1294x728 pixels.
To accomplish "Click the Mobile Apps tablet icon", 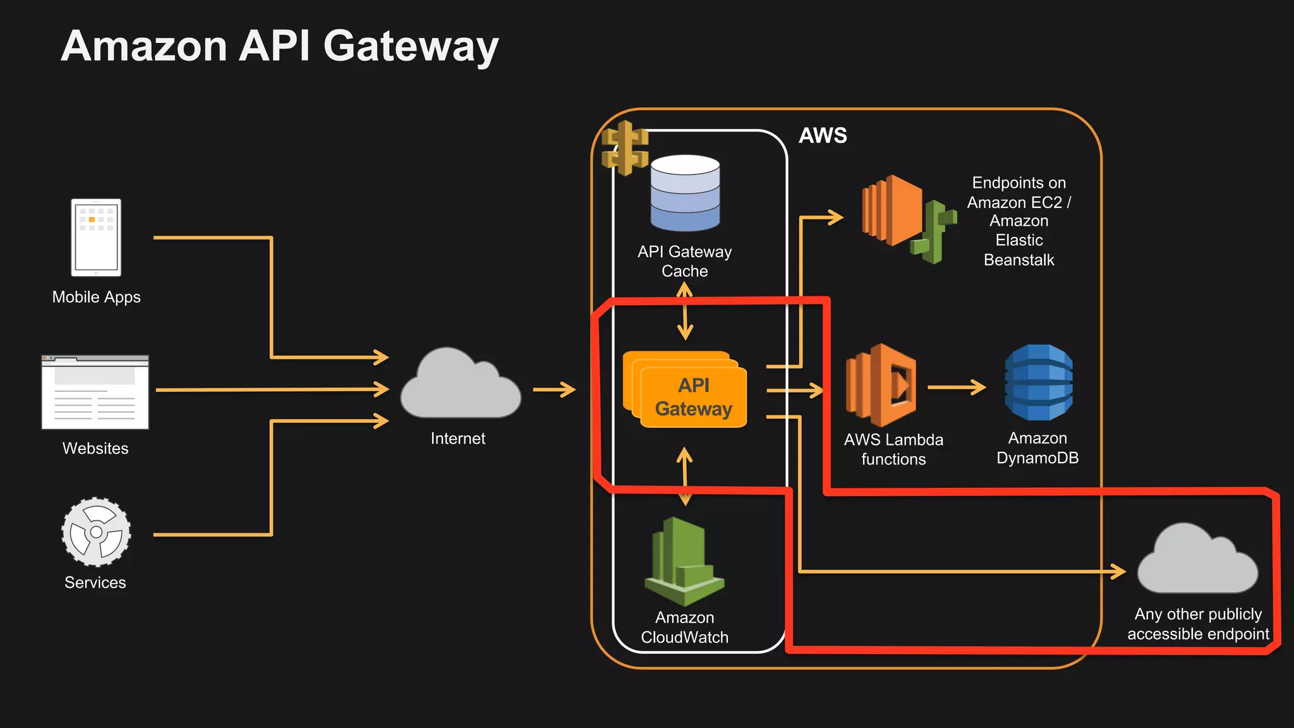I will click(96, 238).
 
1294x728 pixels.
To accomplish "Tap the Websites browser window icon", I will click(95, 392).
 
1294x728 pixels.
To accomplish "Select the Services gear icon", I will click(96, 531).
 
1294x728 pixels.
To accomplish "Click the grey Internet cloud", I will click(460, 386).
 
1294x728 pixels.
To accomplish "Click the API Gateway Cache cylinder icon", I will click(685, 193).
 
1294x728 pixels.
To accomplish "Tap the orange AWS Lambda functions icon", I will click(881, 385).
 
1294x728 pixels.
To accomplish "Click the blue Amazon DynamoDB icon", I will click(1038, 382).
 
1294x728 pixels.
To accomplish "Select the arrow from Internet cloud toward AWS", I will click(554, 389).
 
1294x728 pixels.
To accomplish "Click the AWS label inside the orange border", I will click(822, 135).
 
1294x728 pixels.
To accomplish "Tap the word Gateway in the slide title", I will click(411, 47).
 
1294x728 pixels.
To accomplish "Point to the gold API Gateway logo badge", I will click(624, 147).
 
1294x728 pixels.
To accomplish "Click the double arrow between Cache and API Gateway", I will click(685, 311).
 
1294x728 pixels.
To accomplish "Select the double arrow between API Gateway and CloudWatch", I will click(685, 476).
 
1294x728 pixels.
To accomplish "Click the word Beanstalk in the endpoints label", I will click(1019, 260).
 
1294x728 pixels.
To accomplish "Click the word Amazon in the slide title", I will click(144, 47).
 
